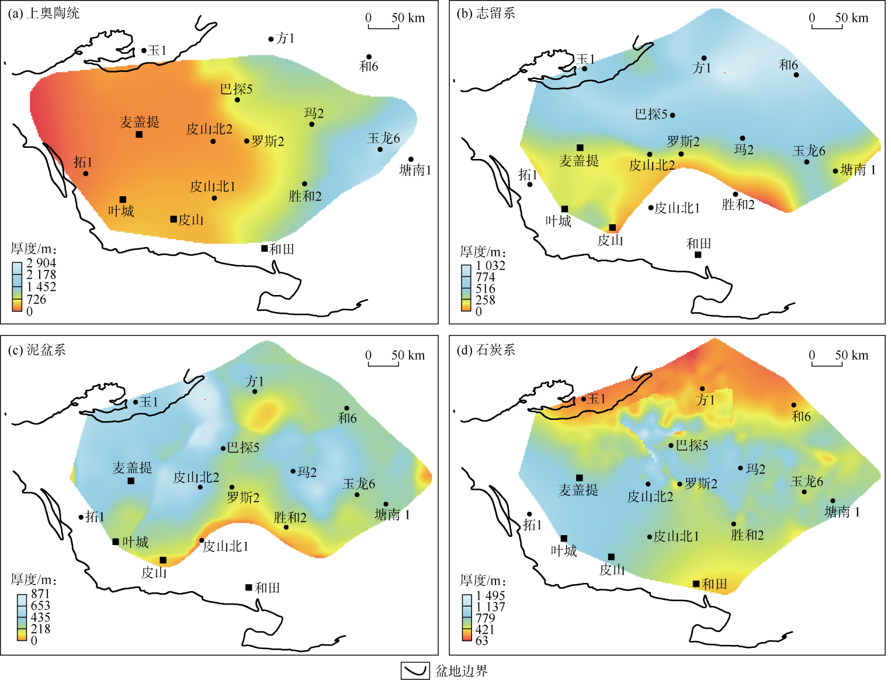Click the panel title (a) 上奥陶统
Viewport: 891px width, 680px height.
pyautogui.click(x=43, y=13)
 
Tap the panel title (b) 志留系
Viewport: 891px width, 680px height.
pyautogui.click(x=486, y=13)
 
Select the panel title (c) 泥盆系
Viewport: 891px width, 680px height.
pyautogui.click(x=36, y=350)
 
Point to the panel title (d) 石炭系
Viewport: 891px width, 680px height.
pyautogui.click(x=486, y=350)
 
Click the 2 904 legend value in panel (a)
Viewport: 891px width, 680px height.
pyautogui.click(x=41, y=263)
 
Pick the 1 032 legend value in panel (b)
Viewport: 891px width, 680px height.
pyautogui.click(x=490, y=265)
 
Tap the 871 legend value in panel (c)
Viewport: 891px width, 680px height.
pyautogui.click(x=40, y=594)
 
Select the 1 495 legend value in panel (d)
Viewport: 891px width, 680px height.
pyautogui.click(x=490, y=595)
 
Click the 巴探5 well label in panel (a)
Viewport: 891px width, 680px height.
pyautogui.click(x=236, y=89)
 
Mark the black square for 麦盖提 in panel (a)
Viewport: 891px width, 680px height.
pyautogui.click(x=139, y=134)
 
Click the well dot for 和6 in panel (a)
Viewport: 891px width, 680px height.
pyautogui.click(x=369, y=57)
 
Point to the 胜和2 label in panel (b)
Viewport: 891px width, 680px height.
pyautogui.click(x=738, y=204)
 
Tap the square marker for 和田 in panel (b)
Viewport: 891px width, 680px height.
pyautogui.click(x=698, y=255)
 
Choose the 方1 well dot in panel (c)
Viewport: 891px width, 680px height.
pyautogui.click(x=255, y=391)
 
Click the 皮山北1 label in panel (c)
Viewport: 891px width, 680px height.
pyautogui.click(x=226, y=546)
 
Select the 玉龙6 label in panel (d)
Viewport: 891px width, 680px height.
pyautogui.click(x=807, y=481)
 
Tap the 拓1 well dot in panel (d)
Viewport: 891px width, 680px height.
pyautogui.click(x=530, y=514)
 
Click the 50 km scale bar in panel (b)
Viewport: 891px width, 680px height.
pyautogui.click(x=827, y=26)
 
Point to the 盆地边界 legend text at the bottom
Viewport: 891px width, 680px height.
pyautogui.click(x=462, y=671)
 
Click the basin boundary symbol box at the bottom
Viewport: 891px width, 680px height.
pyautogui.click(x=415, y=671)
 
